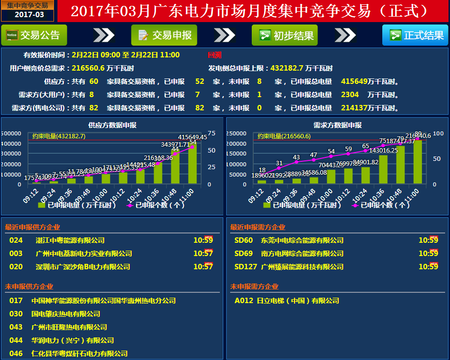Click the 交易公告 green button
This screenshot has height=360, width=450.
coord(33,35)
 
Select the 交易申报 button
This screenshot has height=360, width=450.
coord(164,35)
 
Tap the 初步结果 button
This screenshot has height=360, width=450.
coord(285,35)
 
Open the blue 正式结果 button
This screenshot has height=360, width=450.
coord(415,35)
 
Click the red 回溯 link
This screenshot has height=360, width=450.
coord(214,55)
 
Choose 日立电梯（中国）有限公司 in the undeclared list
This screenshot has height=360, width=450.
coord(298,301)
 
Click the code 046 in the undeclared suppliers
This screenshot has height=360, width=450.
coord(16,354)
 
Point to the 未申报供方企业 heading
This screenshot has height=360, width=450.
coord(29,286)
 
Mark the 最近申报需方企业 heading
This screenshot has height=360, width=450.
coord(258,228)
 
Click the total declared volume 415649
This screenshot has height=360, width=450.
coord(354,81)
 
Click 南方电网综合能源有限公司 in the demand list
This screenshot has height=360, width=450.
coord(302,254)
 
